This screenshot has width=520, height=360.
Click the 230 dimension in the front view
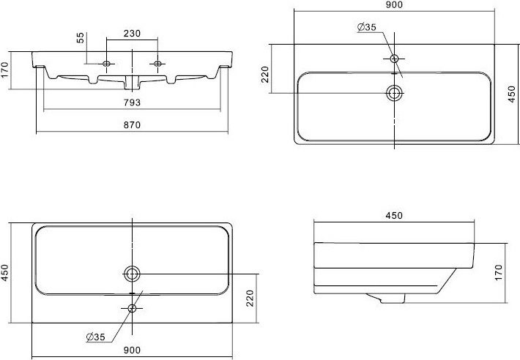click(132, 34)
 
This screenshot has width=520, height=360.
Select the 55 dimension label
click(81, 38)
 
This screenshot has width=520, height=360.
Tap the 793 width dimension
click(132, 102)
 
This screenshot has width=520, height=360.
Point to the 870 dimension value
click(132, 125)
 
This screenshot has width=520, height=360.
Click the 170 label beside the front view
click(4, 70)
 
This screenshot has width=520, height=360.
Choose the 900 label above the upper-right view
click(394, 4)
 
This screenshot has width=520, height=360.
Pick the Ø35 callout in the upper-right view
click(367, 27)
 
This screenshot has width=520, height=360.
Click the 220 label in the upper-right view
click(265, 75)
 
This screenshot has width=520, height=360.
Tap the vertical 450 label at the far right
click(512, 94)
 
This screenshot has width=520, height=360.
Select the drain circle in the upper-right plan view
click(394, 93)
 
